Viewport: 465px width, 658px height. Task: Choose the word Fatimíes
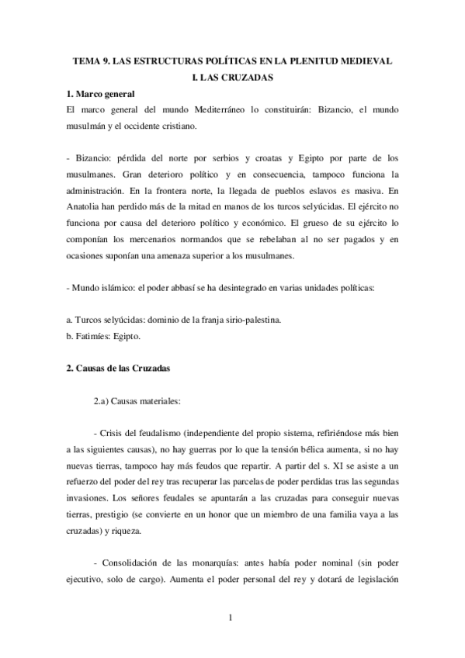coord(93,337)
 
